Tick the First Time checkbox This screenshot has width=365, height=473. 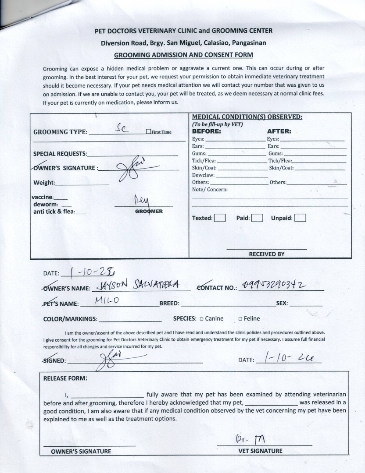(x=148, y=132)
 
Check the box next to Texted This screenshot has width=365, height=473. (x=220, y=218)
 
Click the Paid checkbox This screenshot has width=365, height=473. (x=257, y=218)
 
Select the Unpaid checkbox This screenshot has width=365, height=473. (x=300, y=218)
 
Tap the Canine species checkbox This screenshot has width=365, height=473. (x=201, y=319)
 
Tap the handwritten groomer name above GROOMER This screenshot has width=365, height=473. (x=141, y=201)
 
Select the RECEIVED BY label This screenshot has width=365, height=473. (x=267, y=254)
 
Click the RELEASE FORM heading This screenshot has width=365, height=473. (x=65, y=378)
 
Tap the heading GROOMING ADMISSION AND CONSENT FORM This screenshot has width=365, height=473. (x=183, y=55)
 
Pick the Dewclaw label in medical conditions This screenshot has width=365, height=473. (x=203, y=175)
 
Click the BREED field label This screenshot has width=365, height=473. (x=169, y=304)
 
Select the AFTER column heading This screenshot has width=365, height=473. (x=279, y=131)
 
